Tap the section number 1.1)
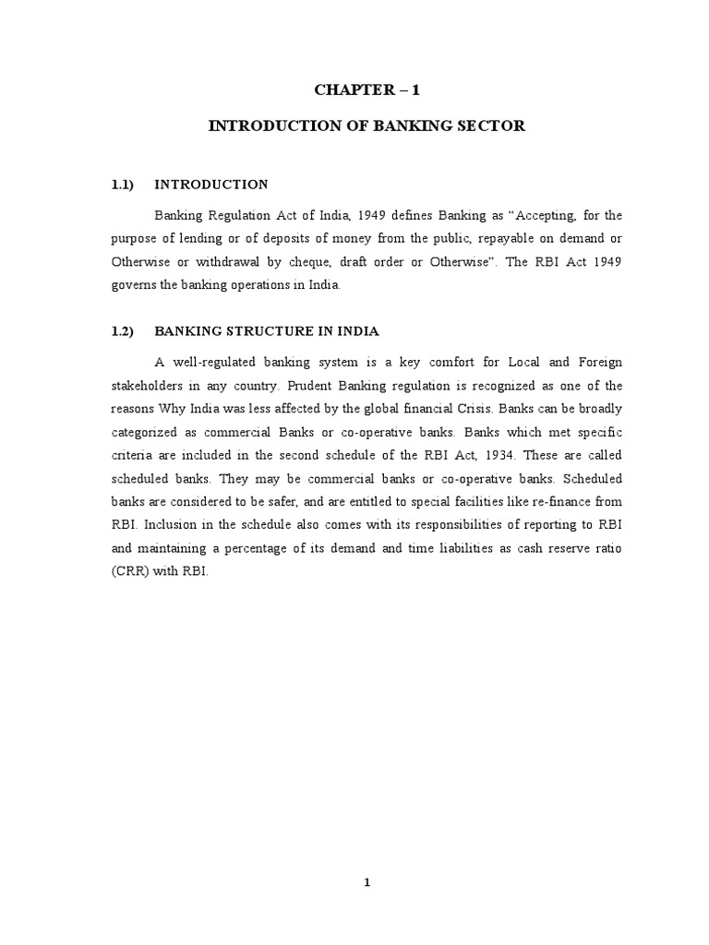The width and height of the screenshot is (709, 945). pyautogui.click(x=123, y=185)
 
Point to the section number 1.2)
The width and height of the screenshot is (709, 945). pyautogui.click(x=123, y=330)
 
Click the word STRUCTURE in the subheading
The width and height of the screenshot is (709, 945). pyautogui.click(x=267, y=330)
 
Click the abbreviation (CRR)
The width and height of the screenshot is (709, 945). pyautogui.click(x=131, y=571)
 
